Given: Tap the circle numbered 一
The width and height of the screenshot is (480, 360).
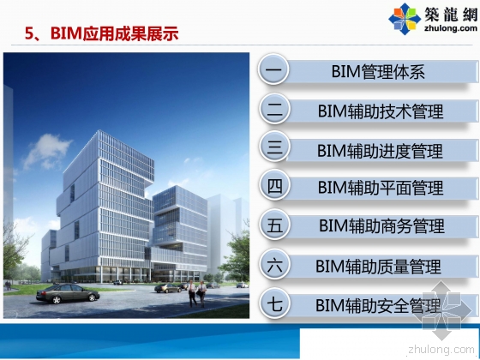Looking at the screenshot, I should click(x=274, y=70).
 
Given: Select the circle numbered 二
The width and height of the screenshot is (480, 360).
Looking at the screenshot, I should click(x=274, y=110).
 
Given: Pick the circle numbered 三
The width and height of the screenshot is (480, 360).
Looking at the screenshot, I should click(x=274, y=148).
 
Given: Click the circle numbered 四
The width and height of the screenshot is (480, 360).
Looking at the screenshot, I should click(x=274, y=187).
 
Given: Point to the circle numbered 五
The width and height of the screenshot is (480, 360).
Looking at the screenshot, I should click(x=274, y=226).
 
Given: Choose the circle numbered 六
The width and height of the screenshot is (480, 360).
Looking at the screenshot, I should click(x=274, y=265).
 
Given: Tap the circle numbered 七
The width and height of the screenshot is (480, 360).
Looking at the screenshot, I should click(x=274, y=304).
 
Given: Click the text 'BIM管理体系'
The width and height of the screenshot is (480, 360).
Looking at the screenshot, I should click(x=378, y=71).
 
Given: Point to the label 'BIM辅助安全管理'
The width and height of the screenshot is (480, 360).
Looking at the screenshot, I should click(x=378, y=305).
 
